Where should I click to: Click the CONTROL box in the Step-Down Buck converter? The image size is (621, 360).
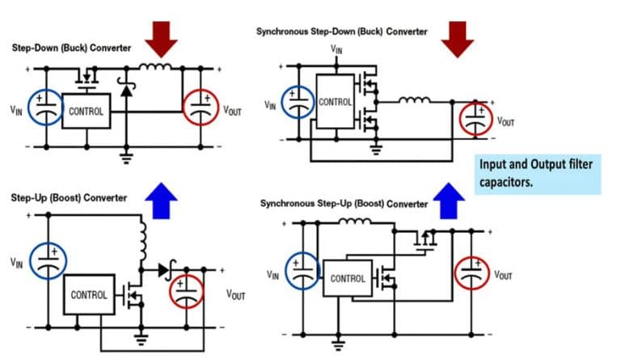coord(87,110)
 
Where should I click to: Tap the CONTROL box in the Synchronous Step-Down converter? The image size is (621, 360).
coord(336,103)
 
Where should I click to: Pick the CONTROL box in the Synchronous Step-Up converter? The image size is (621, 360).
coord(349,279)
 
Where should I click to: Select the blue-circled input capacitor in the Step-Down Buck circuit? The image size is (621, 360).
coord(46,108)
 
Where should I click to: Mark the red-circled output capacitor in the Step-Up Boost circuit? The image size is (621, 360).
coord(187,291)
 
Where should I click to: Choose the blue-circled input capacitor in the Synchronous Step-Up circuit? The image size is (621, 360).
coord(303,271)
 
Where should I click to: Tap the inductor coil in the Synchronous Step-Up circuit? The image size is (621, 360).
coord(353,222)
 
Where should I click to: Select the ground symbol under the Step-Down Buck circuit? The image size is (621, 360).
coord(126,158)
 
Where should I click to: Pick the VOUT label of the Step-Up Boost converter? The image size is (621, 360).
coord(235,295)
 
